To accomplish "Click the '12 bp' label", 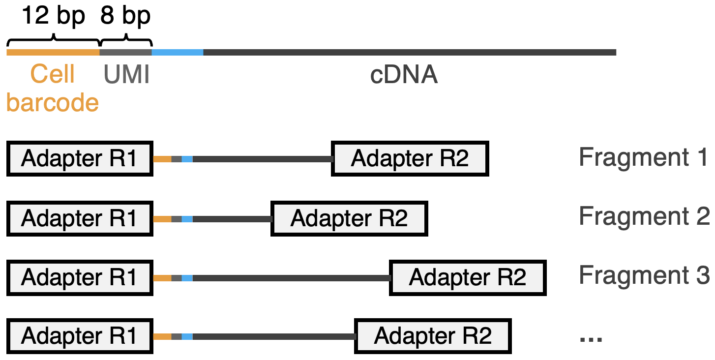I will [53, 16].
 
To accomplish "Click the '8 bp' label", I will [125, 16].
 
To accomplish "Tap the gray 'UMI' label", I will [126, 75].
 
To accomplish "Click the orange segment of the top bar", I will [53, 52].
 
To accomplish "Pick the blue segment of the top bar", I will [177, 52].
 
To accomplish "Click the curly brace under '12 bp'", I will [53, 38].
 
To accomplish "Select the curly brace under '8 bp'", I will [126, 38].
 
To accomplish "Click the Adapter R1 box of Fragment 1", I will [80, 159].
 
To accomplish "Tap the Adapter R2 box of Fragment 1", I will [410, 159].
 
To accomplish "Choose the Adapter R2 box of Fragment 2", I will [349, 218].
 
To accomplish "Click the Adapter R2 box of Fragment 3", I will [468, 278].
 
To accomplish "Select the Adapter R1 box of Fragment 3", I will [80, 278].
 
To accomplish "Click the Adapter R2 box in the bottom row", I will [433, 336].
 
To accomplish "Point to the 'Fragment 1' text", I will [644, 157].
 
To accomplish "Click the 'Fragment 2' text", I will [644, 216].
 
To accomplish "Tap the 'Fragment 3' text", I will [644, 275].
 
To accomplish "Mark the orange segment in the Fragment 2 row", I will [162, 219].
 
